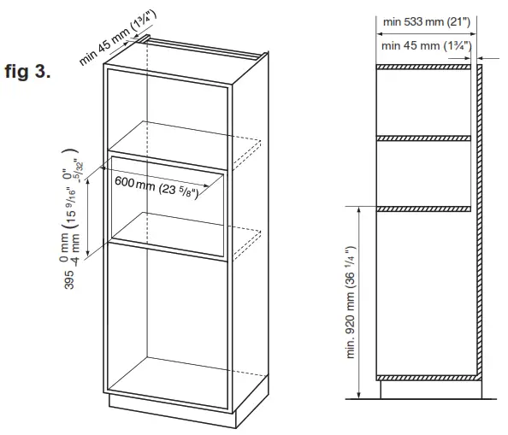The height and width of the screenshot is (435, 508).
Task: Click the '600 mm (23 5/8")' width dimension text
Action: [x=157, y=186]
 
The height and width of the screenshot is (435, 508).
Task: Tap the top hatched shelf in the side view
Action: [x=425, y=67]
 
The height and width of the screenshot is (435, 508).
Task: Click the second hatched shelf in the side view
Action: [x=425, y=137]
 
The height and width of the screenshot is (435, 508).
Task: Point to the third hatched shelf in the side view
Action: [x=425, y=207]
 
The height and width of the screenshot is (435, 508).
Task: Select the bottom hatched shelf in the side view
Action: [x=425, y=375]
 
